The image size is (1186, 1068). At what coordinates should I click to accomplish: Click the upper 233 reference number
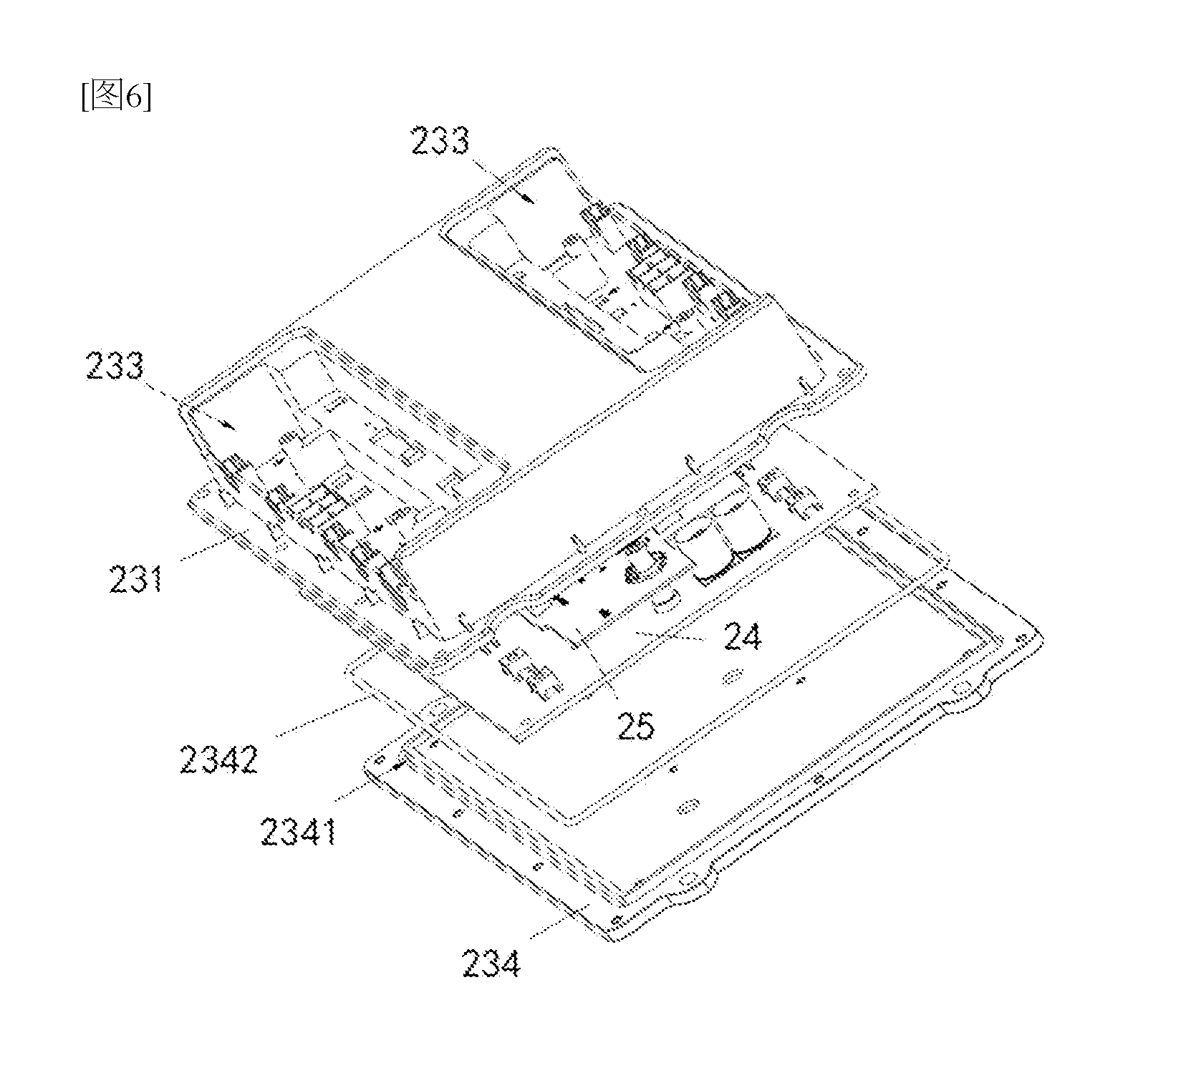(x=439, y=141)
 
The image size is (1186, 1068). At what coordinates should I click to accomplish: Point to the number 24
(x=741, y=636)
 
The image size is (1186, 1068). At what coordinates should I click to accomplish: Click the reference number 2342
(x=218, y=759)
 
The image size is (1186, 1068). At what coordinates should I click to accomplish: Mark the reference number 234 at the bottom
(x=491, y=963)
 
